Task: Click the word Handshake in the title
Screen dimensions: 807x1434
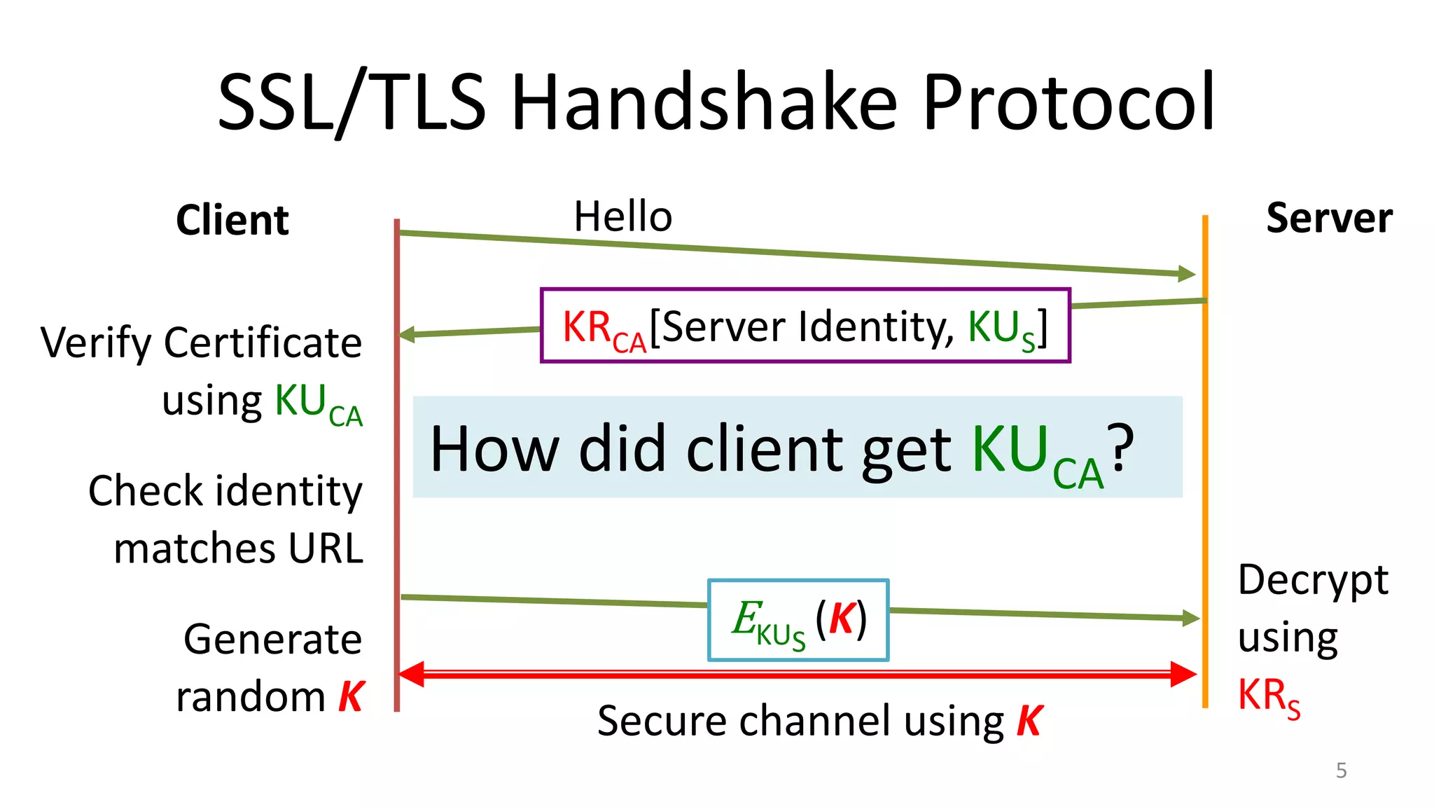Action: [704, 103]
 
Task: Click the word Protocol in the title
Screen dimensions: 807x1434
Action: [1068, 103]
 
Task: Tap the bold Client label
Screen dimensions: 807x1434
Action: [232, 220]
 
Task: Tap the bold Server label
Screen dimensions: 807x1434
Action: [1328, 218]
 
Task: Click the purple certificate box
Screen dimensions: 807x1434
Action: [805, 326]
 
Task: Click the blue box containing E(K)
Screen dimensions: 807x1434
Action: [798, 620]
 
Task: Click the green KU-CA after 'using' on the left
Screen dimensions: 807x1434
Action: [318, 404]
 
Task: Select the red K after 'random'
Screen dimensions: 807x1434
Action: [351, 697]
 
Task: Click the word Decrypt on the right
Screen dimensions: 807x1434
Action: [1313, 581]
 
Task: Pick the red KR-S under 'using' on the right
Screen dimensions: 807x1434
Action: [1268, 697]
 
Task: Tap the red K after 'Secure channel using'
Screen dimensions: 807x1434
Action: [1029, 721]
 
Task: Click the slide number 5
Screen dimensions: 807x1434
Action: [1341, 771]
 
